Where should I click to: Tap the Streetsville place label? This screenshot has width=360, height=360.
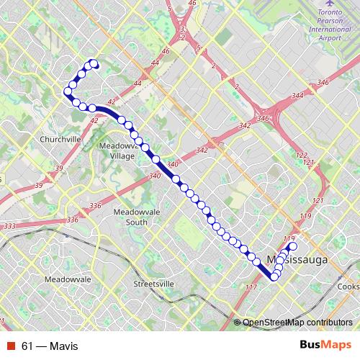154,284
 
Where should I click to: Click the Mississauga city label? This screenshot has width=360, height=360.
297,257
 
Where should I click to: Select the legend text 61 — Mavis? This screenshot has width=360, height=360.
49,346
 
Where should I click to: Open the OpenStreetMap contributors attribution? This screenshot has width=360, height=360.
297,323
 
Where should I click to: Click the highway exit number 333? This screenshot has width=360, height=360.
9,226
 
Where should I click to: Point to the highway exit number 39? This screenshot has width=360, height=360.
39,186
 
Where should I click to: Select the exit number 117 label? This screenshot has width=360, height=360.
251,287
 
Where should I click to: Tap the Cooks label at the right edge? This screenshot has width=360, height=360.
348,286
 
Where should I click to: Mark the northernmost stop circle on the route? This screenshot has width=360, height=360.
93,63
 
